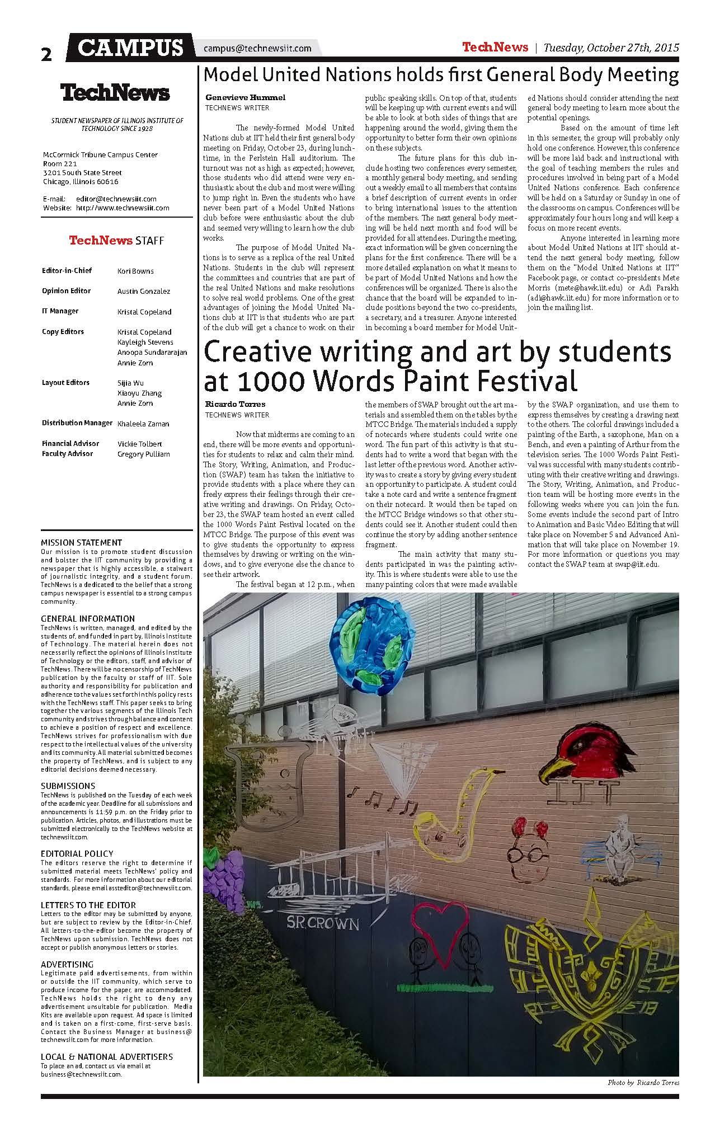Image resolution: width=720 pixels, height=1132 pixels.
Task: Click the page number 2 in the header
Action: pos(46,54)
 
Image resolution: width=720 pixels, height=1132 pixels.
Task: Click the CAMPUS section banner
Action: pos(131,48)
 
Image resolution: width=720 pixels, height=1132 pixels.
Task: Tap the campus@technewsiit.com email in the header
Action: pos(257,48)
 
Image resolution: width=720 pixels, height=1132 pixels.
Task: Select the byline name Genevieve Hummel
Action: pos(245,97)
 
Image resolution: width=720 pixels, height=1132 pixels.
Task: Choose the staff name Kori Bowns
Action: pos(135,271)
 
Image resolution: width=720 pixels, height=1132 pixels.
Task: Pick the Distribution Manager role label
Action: pos(77,423)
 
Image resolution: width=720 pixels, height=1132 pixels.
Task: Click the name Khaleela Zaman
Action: pos(143,424)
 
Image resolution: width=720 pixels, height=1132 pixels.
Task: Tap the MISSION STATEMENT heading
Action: pos(81,542)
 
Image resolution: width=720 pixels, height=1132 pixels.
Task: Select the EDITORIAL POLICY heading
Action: pos(77,853)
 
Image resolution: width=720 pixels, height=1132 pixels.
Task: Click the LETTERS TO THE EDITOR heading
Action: pos(88,905)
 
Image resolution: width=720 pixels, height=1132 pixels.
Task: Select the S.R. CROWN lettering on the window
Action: pos(323,923)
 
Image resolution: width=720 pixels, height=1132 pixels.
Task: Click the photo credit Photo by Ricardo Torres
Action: pos(643,1083)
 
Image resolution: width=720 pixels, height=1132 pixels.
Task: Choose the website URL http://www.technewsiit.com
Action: pos(123,208)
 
